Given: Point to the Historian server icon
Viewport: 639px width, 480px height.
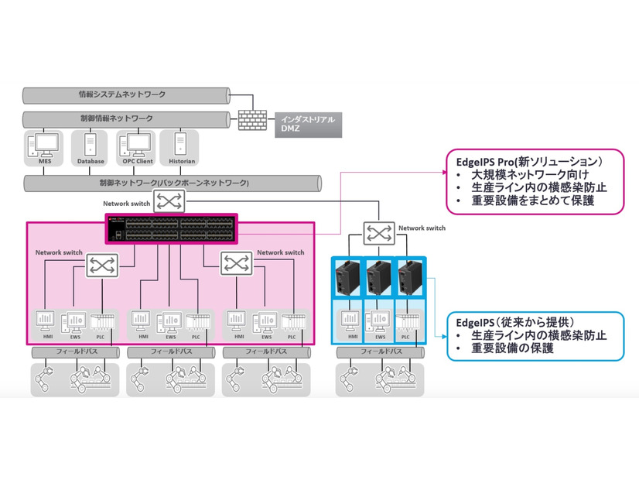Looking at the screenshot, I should pyautogui.click(x=179, y=145).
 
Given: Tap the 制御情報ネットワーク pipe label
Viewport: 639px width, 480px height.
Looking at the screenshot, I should pyautogui.click(x=116, y=118).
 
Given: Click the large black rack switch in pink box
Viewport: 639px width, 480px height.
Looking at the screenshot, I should pyautogui.click(x=171, y=228).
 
